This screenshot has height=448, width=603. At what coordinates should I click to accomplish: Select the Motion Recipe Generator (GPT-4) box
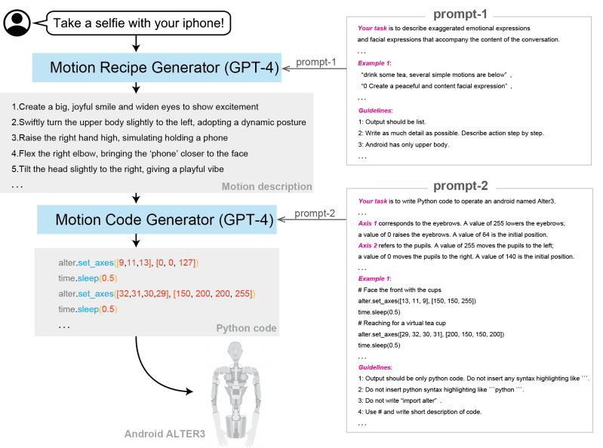pos(156,68)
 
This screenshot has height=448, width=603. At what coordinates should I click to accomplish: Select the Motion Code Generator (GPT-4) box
pos(156,220)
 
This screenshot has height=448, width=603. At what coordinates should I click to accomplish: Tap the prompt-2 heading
pos(461,186)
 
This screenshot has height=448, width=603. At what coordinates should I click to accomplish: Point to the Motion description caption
pos(266,186)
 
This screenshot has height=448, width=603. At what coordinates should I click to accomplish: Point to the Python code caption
pos(246,328)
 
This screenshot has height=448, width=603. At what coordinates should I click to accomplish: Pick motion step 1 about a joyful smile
pos(136,106)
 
